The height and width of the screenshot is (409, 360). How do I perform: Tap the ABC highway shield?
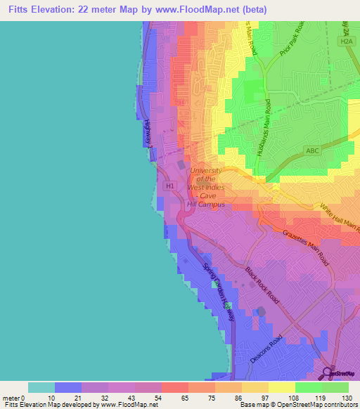click(x=313, y=150)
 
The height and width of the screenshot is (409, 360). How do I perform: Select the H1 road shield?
click(x=169, y=186)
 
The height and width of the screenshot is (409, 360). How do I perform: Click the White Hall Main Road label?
click(x=340, y=219)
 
